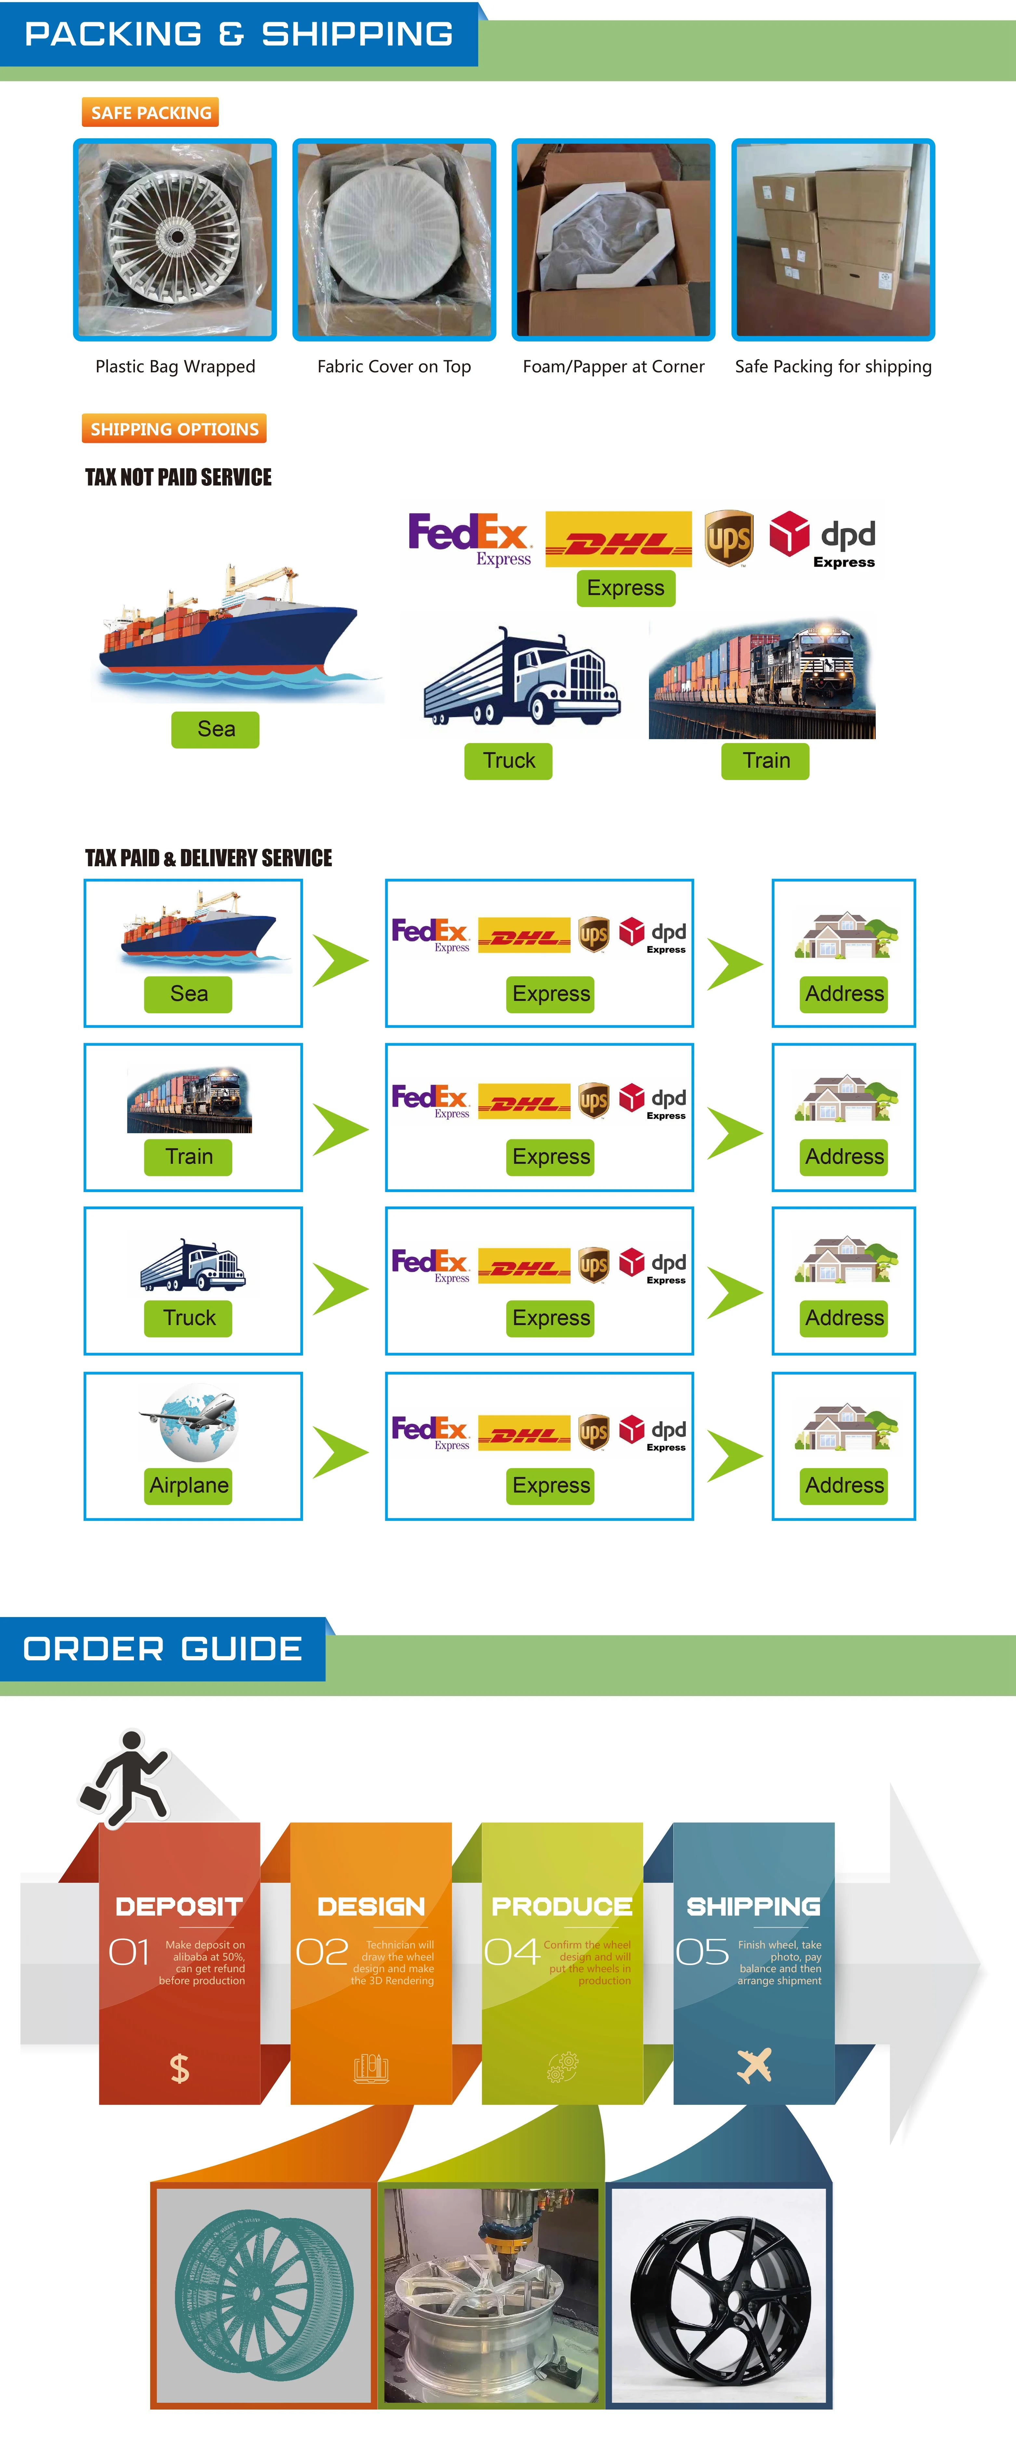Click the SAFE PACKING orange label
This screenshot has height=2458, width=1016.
(151, 113)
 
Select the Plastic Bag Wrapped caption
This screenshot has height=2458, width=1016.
(176, 366)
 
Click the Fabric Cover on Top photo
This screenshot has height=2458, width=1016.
(394, 240)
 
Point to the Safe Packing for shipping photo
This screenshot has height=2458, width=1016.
(833, 240)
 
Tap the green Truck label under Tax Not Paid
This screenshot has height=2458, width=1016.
(508, 761)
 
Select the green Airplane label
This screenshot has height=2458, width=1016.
(189, 1485)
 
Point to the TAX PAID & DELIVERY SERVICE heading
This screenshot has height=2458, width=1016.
(209, 858)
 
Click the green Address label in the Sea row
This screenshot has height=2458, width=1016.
(844, 993)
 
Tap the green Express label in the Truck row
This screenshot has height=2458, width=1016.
(550, 1318)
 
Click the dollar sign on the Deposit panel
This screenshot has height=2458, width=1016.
(179, 2068)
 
